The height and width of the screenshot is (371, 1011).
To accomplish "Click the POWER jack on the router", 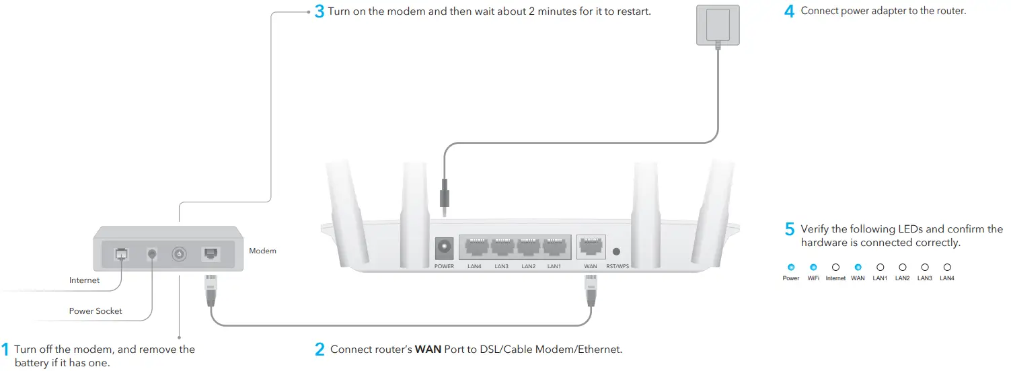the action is (x=444, y=248).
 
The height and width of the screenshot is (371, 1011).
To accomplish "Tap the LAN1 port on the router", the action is (x=554, y=247).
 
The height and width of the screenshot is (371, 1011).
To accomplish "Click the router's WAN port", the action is (x=591, y=247).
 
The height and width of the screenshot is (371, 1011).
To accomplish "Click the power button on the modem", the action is (x=179, y=254).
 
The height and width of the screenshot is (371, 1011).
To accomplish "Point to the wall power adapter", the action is (x=718, y=25).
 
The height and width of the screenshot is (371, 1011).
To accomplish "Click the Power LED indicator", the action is (x=791, y=267).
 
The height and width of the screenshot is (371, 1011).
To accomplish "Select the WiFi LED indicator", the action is (x=813, y=267).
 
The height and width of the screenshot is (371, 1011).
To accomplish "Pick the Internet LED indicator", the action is (x=835, y=267).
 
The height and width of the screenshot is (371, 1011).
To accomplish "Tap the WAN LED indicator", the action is (x=858, y=267).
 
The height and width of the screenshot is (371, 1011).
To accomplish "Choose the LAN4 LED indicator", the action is (x=947, y=267).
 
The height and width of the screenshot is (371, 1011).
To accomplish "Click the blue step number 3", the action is (x=319, y=11).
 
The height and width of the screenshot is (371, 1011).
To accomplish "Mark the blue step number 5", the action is (x=790, y=229).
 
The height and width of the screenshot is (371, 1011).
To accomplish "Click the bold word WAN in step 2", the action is (x=428, y=349).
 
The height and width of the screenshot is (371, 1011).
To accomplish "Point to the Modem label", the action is (x=262, y=251).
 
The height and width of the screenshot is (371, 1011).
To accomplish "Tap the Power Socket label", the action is (x=96, y=311).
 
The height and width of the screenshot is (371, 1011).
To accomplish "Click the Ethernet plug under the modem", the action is (x=211, y=290).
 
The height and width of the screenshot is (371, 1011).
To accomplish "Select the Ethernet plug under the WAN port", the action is (x=591, y=290).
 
